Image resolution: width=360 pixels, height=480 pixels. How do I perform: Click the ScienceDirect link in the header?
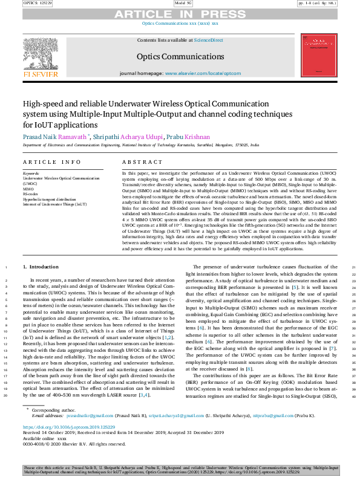(x=208, y=40)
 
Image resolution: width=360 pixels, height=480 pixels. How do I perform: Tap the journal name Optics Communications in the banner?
(x=180, y=56)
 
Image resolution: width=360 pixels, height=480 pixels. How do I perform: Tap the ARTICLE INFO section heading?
(x=51, y=162)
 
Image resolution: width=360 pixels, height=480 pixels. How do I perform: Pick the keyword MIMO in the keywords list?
(x=29, y=188)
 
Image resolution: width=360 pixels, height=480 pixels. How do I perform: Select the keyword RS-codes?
(x=31, y=193)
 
